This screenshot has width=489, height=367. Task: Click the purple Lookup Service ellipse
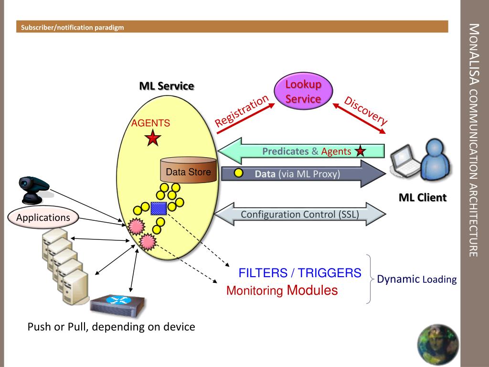click(x=303, y=91)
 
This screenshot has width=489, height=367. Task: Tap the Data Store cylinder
click(x=188, y=171)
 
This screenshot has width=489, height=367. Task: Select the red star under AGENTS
click(x=153, y=138)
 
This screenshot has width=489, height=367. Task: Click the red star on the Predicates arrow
click(x=360, y=151)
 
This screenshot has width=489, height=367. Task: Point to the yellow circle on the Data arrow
click(x=239, y=173)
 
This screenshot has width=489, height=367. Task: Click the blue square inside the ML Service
click(x=159, y=208)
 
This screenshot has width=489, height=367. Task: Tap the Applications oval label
click(x=43, y=217)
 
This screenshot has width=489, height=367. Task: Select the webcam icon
click(x=33, y=189)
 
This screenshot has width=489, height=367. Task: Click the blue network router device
click(x=117, y=305)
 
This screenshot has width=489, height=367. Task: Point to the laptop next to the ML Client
click(x=405, y=161)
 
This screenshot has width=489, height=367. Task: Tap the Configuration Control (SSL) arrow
click(x=300, y=214)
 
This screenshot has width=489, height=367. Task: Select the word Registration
click(x=242, y=111)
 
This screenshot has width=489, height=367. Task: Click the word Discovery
click(x=365, y=110)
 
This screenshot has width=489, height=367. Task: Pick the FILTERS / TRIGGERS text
click(x=300, y=273)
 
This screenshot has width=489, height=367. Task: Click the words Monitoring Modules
click(x=282, y=290)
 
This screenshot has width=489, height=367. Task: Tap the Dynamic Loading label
click(x=416, y=279)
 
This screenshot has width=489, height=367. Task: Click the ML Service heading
click(x=167, y=86)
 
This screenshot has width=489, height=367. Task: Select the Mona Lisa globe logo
click(x=438, y=345)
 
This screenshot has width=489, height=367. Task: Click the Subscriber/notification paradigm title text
click(x=73, y=27)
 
